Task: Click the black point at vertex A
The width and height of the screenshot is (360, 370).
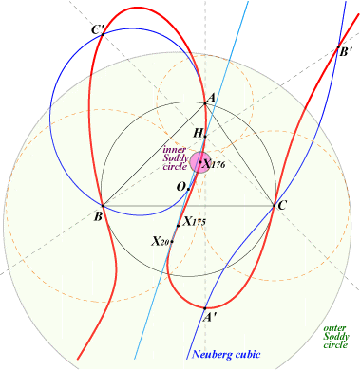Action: [x=205, y=103]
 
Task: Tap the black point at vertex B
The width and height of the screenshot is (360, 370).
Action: [x=103, y=206]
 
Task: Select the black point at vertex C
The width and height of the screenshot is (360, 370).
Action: [x=275, y=206]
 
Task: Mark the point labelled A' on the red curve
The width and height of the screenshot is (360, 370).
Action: [x=205, y=308]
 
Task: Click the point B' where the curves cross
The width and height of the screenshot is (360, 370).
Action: [x=338, y=47]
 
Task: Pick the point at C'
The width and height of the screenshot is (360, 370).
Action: [x=103, y=34]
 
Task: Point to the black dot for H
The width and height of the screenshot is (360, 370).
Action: [x=205, y=137]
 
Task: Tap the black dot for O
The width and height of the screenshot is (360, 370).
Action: [x=188, y=189]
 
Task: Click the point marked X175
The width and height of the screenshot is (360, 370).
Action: [x=178, y=226]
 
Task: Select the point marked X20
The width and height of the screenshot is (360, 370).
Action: [x=172, y=242]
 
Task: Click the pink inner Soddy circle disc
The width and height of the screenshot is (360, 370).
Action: [x=199, y=162]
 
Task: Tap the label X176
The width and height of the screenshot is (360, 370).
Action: [x=214, y=164]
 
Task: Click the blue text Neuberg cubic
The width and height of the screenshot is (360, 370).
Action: [x=226, y=354]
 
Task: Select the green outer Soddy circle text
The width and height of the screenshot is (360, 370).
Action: [x=336, y=337]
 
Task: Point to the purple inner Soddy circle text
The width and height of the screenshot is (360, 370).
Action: [x=175, y=158]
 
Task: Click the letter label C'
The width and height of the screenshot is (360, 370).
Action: [x=98, y=30]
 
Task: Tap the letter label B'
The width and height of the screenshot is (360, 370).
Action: [x=346, y=51]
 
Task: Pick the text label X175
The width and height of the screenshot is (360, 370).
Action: [x=195, y=222]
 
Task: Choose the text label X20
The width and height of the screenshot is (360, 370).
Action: [x=161, y=242]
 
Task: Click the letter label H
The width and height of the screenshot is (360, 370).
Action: [x=198, y=134]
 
